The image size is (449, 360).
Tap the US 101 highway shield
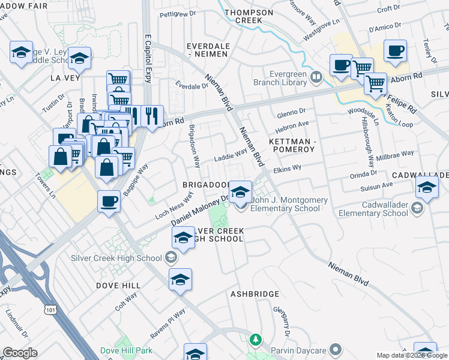point(50,308)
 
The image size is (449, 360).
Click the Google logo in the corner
point(20,352)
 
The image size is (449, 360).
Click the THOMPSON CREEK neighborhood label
point(249,16)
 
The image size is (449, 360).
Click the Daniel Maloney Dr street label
point(200,210)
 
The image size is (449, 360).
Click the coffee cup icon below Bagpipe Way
point(109,202)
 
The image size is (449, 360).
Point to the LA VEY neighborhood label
point(65,78)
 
